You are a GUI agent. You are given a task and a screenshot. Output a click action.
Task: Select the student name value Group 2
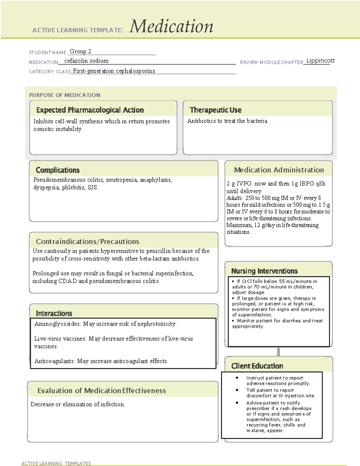click(80, 52)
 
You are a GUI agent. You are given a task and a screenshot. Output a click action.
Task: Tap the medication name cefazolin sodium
click(86, 61)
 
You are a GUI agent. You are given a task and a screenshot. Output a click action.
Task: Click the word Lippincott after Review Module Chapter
click(320, 61)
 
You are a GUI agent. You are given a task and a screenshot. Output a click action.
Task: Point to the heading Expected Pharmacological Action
click(90, 110)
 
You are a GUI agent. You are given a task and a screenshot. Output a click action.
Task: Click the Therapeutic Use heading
click(215, 110)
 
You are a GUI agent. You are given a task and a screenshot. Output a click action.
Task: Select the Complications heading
click(58, 170)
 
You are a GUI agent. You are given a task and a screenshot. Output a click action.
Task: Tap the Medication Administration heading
click(279, 170)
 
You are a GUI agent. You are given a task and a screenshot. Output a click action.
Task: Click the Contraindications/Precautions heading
click(87, 242)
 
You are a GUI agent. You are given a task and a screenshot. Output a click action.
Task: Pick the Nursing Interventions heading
click(264, 271)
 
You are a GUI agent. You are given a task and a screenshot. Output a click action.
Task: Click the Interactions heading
click(54, 314)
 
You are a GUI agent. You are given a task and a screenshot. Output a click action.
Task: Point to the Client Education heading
click(257, 366)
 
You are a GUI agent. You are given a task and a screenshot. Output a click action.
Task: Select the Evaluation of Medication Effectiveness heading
click(101, 391)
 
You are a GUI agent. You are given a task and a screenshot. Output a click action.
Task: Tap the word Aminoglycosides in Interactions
click(57, 324)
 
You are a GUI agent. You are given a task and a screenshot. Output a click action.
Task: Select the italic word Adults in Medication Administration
click(235, 198)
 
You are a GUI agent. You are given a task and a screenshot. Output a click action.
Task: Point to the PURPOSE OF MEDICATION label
click(64, 95)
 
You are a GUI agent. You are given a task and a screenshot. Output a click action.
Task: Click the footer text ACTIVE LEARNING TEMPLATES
click(56, 463)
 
